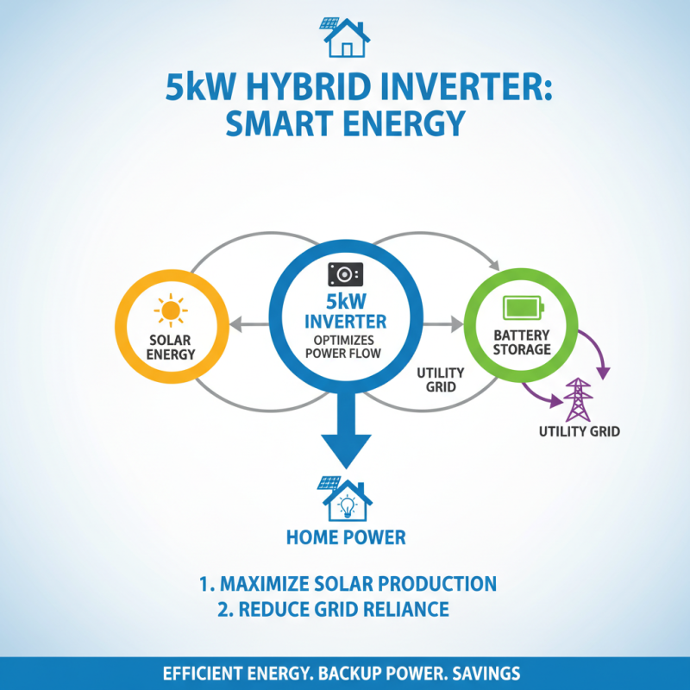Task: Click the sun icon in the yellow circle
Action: pos(170,309)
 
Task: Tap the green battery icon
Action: pos(523,306)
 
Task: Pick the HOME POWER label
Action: pos(345,537)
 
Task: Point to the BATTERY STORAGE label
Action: pos(522,342)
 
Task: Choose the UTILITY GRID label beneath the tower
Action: pos(579,431)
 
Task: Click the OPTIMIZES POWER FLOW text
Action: pos(345,348)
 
